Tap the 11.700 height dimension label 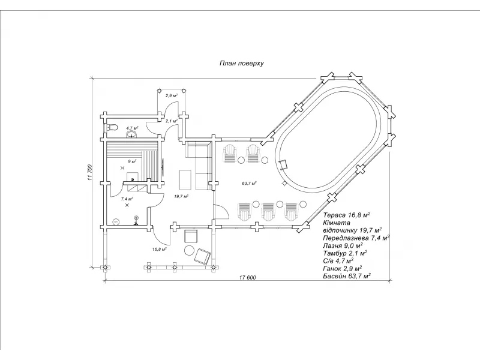pyautogui.click(x=88, y=172)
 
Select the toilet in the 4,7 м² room pyautogui.click(x=109, y=127)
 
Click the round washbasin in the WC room pyautogui.click(x=129, y=134)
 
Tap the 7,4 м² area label pyautogui.click(x=127, y=198)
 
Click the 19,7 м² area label pyautogui.click(x=181, y=196)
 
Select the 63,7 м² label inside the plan pyautogui.click(x=249, y=182)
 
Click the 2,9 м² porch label pyautogui.click(x=172, y=96)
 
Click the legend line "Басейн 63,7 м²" pyautogui.click(x=346, y=277)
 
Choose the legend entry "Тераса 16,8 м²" pyautogui.click(x=346, y=214)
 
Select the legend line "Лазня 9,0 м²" pyautogui.click(x=343, y=245)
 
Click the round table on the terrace pyautogui.click(x=190, y=250)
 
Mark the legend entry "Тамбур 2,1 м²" pyautogui.click(x=345, y=253)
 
